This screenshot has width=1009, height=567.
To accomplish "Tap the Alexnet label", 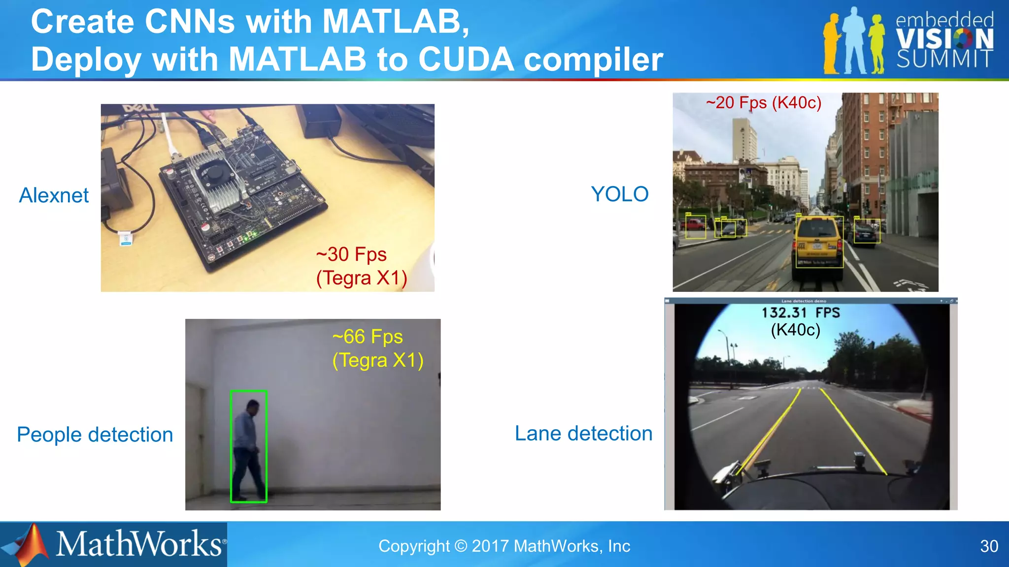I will click(54, 195).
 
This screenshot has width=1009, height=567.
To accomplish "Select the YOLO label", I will click(619, 194).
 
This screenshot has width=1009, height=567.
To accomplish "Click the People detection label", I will click(95, 435).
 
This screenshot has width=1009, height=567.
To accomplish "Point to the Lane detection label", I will click(583, 434).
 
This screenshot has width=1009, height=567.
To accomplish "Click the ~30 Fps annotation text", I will click(351, 254).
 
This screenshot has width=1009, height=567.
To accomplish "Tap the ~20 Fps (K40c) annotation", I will click(763, 102).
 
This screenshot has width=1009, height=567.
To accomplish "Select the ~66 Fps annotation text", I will click(368, 337).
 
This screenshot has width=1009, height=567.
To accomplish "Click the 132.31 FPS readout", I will click(800, 313).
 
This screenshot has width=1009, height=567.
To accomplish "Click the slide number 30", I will click(989, 546).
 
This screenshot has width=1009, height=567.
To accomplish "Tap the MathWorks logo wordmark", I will click(139, 544).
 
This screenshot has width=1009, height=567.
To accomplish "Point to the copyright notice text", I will click(504, 546).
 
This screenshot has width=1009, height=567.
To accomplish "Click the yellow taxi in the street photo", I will click(818, 243).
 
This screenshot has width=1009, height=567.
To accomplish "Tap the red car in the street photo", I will click(695, 225).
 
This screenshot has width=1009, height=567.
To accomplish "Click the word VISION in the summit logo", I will click(944, 39).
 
